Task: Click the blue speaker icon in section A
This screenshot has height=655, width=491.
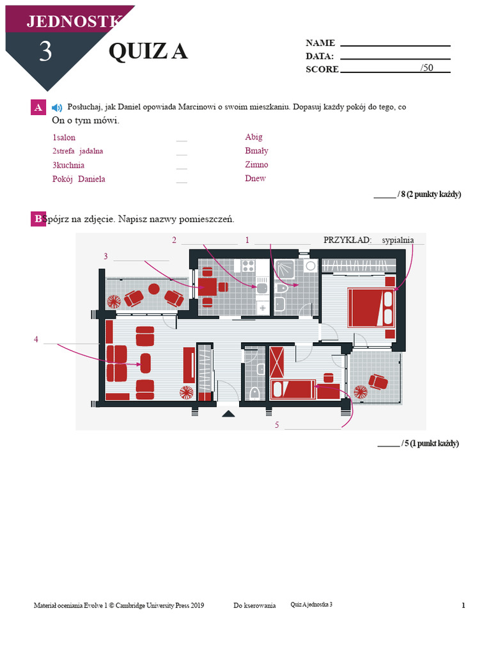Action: coord(57,107)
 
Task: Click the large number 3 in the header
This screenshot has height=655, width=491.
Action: coord(45,52)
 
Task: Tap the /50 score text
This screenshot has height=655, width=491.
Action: coord(426,68)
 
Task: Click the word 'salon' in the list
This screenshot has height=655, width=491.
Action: coord(66,138)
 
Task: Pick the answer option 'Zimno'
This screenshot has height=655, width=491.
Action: coord(256,164)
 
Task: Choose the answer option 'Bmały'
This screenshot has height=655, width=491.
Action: coord(256,151)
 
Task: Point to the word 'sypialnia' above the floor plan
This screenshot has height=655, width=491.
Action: coord(398,241)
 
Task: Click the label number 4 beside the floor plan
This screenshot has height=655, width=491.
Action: coord(36,340)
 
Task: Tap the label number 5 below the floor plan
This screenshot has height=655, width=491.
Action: coord(277,425)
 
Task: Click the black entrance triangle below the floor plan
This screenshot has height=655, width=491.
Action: coord(228,414)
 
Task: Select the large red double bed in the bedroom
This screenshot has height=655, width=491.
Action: coord(371,308)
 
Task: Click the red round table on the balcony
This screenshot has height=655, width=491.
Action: coord(154,288)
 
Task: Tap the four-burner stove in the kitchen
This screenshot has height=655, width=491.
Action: coord(249,265)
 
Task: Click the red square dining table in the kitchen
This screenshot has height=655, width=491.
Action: coord(208,287)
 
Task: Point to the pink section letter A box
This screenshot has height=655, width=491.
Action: coord(38,107)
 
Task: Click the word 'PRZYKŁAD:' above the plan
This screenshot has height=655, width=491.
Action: coord(347,241)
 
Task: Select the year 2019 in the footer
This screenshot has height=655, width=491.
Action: coord(197,605)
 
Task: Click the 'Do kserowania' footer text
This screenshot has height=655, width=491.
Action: coord(254,605)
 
